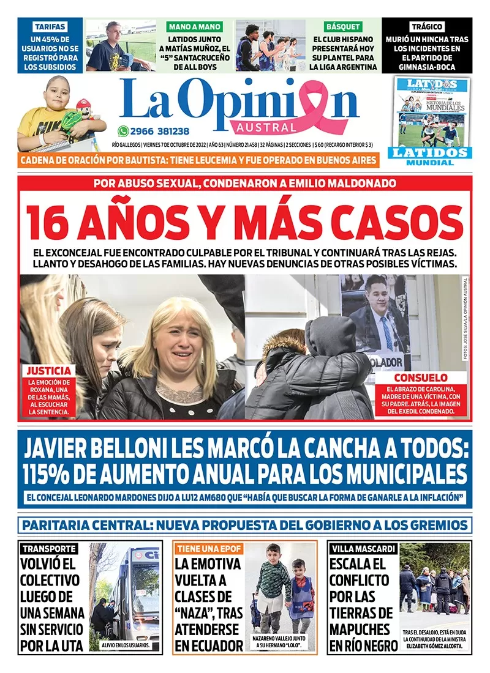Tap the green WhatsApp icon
click(x=123, y=131)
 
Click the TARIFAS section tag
click(x=50, y=27)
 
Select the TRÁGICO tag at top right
click(x=427, y=27)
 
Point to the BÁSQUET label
click(x=344, y=27)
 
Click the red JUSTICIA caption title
click(x=48, y=371)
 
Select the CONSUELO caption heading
click(x=420, y=377)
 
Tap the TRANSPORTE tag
click(x=48, y=548)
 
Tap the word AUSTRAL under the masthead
click(x=266, y=127)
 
